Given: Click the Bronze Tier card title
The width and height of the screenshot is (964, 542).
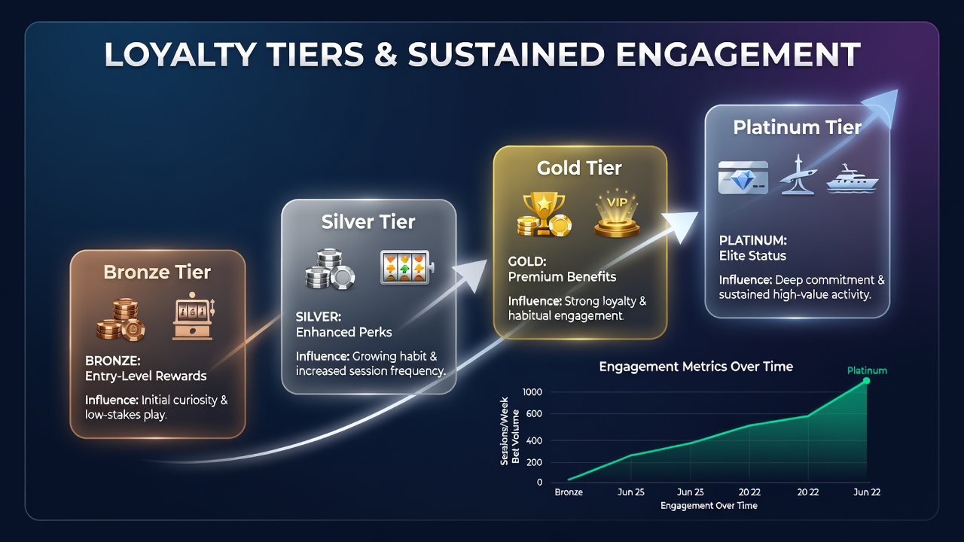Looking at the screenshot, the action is click(157, 273).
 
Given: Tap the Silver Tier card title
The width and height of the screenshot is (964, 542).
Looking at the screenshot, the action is click(368, 222).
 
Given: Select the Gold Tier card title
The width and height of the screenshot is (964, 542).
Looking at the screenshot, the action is click(579, 168).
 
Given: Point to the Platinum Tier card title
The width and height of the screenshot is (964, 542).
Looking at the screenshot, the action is click(797, 127).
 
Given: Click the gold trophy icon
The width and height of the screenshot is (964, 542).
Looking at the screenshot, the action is click(544, 215).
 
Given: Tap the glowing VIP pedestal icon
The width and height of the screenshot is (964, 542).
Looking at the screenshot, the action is click(617, 213).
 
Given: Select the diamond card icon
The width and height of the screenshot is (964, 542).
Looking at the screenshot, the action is click(743, 178).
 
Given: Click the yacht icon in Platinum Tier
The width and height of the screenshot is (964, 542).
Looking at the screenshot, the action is click(852, 178).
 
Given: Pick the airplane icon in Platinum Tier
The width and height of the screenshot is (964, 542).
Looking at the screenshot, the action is click(798, 175).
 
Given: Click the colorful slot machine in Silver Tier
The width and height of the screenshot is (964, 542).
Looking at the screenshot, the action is click(407, 267).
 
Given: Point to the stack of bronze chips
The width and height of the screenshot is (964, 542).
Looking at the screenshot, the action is click(121, 320).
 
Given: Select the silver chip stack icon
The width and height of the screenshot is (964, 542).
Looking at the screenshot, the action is click(330, 269).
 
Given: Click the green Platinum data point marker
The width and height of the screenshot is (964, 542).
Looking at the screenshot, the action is click(866, 381).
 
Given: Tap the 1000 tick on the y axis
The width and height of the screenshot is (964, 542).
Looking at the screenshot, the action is click(532, 392).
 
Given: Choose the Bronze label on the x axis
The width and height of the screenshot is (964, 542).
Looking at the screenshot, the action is click(569, 492).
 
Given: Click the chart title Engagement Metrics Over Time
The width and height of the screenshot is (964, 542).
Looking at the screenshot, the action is click(696, 367).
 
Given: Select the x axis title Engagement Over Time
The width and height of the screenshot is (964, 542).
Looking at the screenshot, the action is click(709, 506).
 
